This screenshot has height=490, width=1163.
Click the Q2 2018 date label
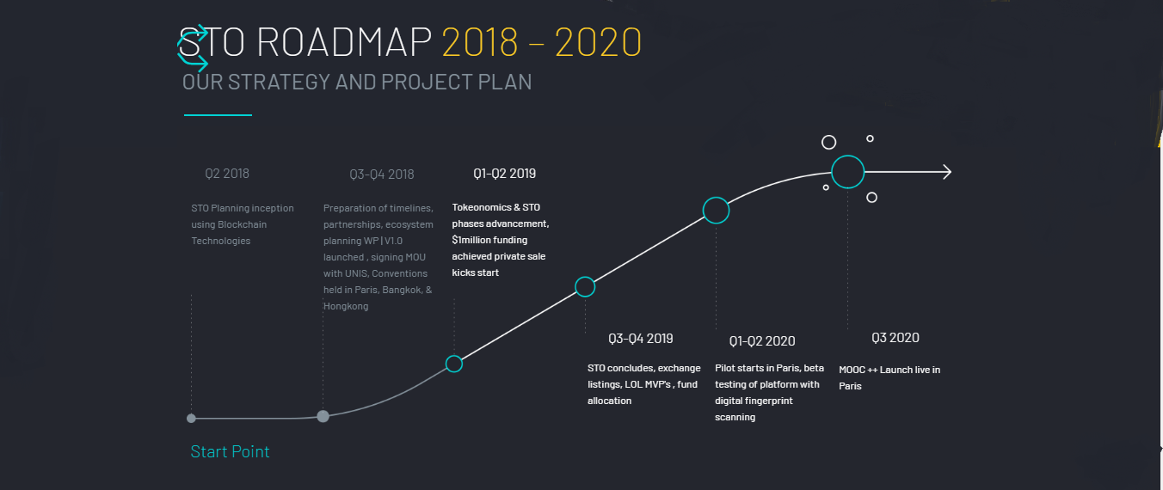227,174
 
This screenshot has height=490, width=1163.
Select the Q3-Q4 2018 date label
382,175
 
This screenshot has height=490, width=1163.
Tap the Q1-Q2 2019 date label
504,174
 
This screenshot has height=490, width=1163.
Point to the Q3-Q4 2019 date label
640,339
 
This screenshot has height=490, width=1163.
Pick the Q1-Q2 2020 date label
761,341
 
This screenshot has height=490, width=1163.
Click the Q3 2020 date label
895,338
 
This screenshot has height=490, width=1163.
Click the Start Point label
230,451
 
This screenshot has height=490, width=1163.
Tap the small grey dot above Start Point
191,419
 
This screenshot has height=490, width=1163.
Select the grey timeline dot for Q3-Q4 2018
323,416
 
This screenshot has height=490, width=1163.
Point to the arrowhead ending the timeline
951,172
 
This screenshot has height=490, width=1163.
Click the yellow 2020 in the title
598,42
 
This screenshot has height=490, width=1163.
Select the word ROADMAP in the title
344,41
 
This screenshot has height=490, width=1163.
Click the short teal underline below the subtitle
218,114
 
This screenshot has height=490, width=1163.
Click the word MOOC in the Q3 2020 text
852,371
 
